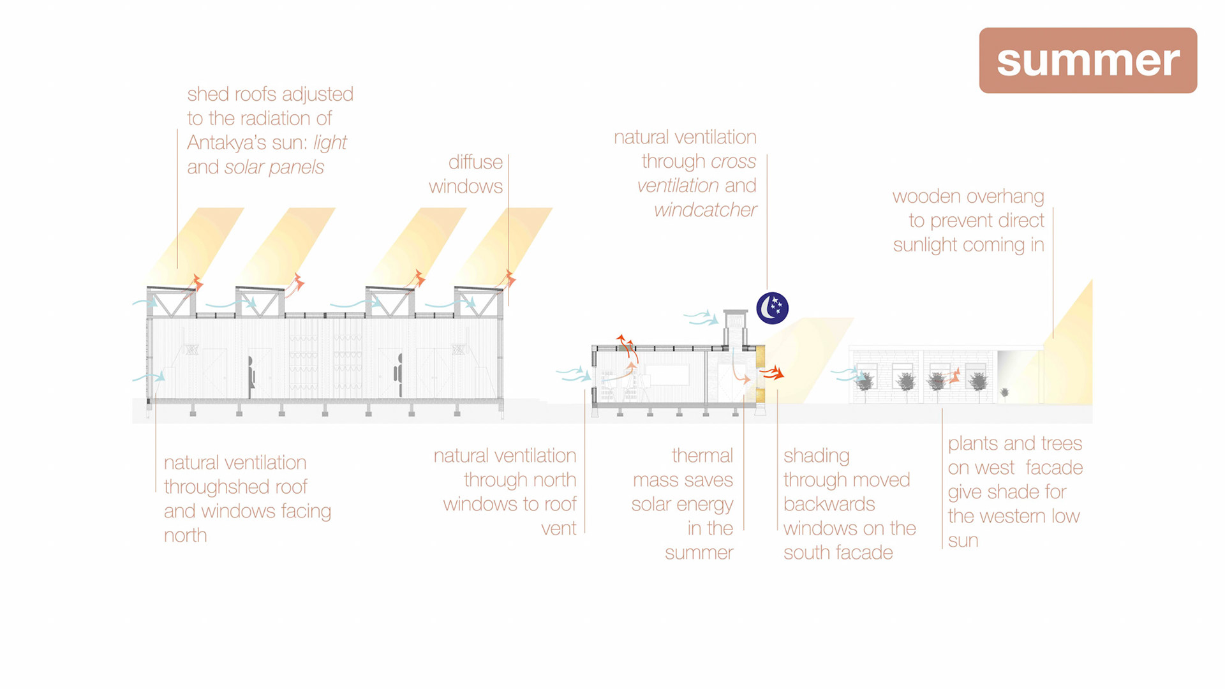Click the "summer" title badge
point(1088,61)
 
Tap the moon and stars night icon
point(772,308)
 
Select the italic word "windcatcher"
point(705,210)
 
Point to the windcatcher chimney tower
point(735,329)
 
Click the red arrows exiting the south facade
point(772,373)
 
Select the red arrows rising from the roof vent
point(626,348)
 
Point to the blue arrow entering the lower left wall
point(149,378)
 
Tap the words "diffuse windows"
point(466,174)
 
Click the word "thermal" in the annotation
point(702,456)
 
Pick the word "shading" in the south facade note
point(816,456)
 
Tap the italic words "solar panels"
point(274,167)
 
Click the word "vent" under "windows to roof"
point(558,528)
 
